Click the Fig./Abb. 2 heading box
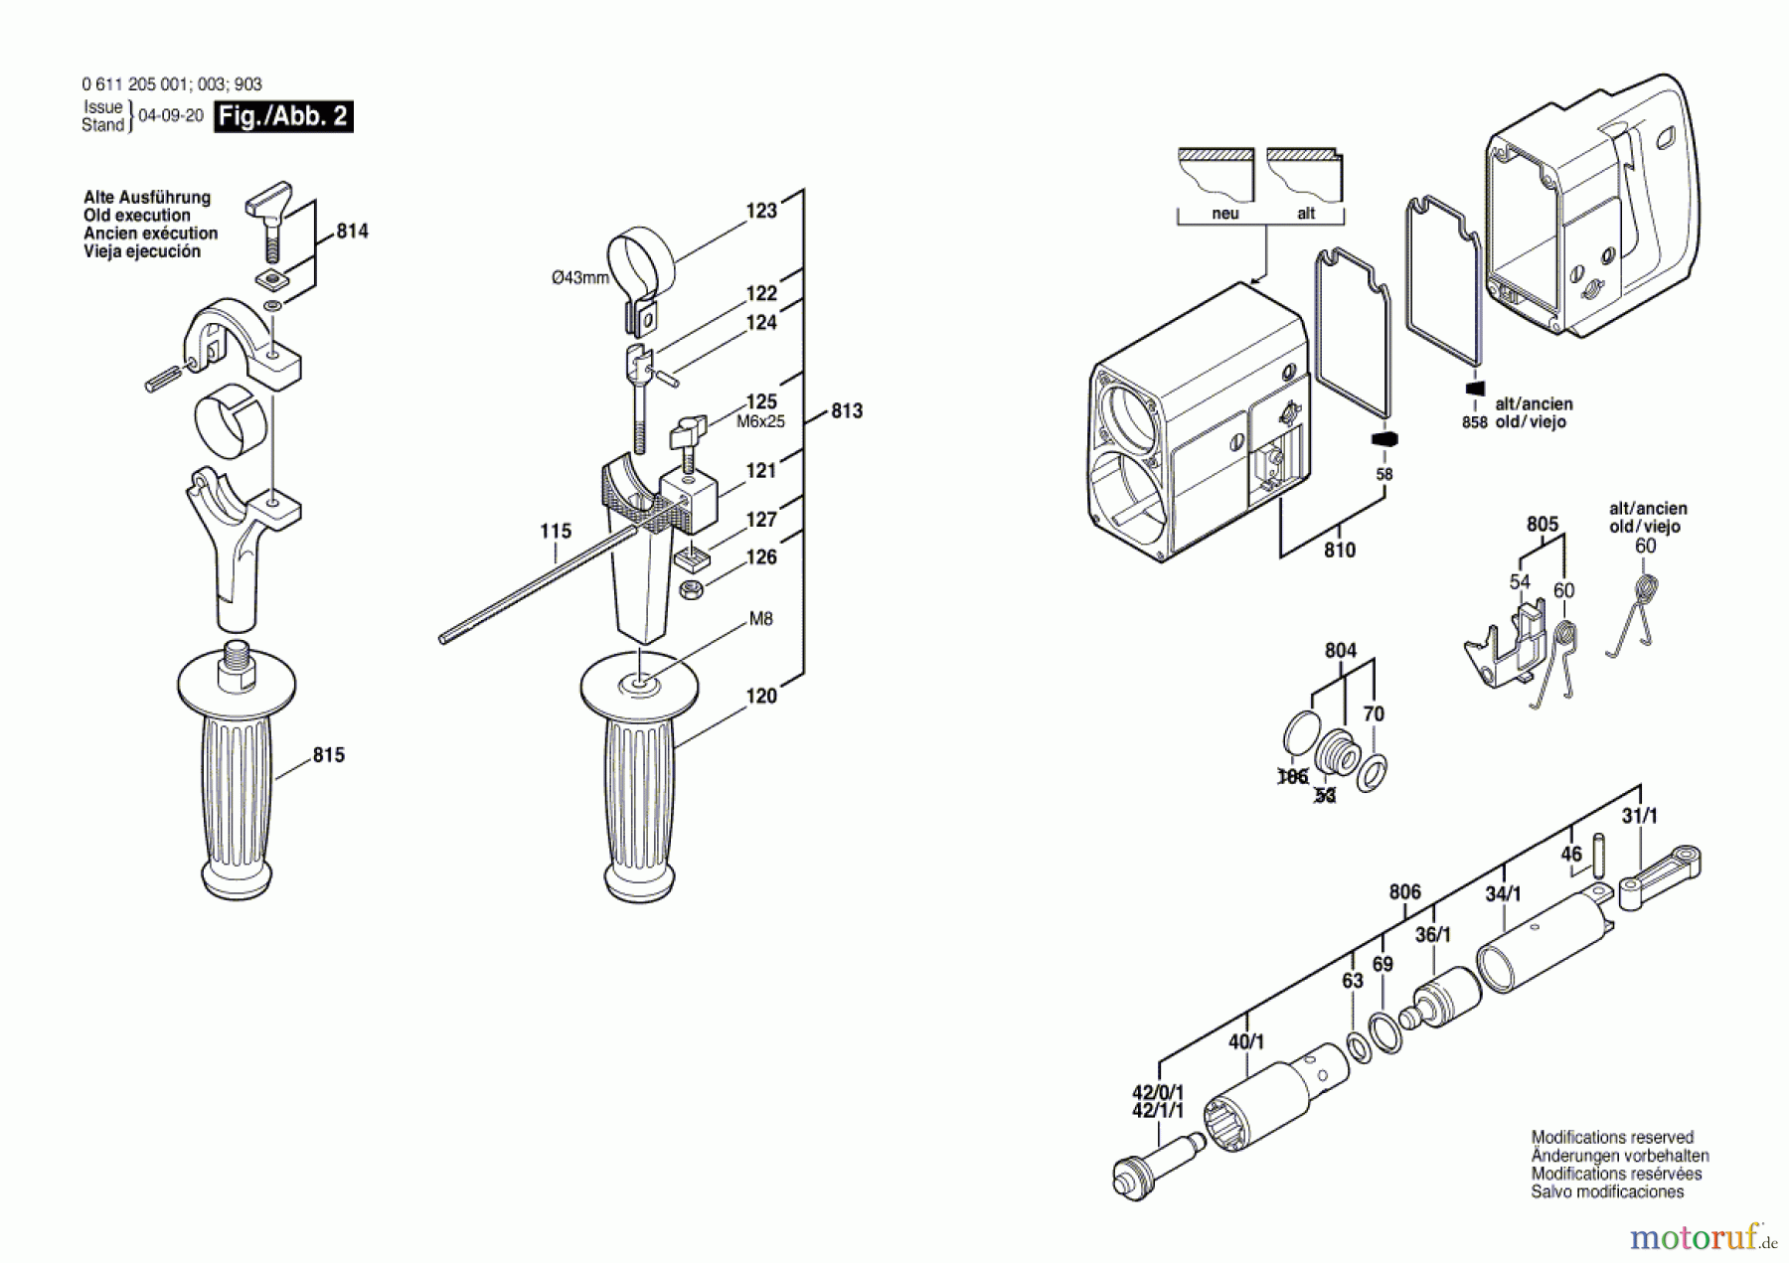tap(284, 116)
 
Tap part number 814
tap(352, 232)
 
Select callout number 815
tap(329, 755)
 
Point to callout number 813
tap(847, 410)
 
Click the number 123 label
tap(761, 211)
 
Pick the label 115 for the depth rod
tap(556, 532)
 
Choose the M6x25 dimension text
tap(760, 421)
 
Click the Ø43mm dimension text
tap(580, 278)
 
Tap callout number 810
tap(1340, 550)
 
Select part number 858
tap(1475, 422)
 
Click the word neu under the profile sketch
tap(1225, 214)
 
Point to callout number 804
tap(1341, 651)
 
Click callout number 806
tap(1405, 892)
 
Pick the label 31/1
tap(1640, 816)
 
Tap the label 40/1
tap(1246, 1041)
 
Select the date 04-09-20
tap(171, 115)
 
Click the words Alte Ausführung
tap(147, 198)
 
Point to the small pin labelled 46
tap(1599, 854)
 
